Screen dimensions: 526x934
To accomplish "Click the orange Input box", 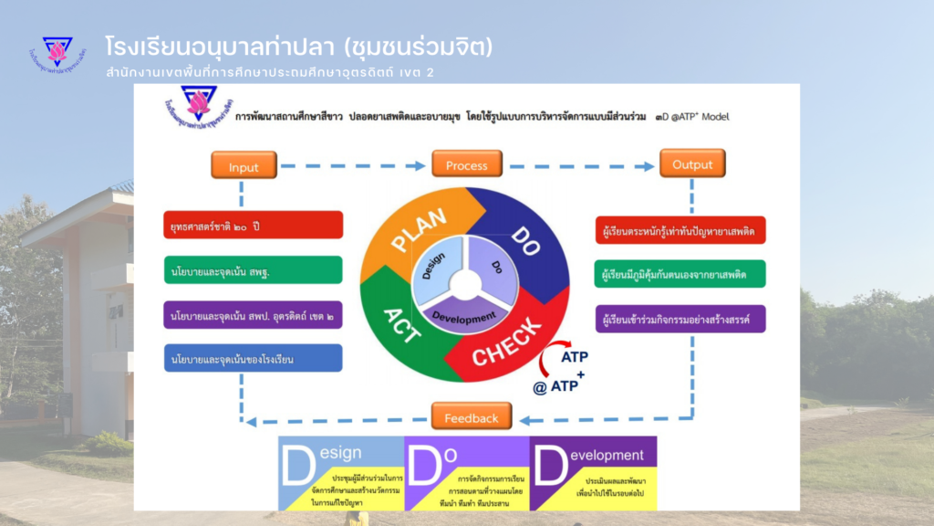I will [x=244, y=165].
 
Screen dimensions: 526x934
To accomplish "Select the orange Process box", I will [x=466, y=165].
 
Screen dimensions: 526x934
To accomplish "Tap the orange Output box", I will [x=692, y=164].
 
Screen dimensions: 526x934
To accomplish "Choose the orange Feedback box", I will [x=472, y=416].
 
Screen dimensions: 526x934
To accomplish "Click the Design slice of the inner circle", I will [x=435, y=268].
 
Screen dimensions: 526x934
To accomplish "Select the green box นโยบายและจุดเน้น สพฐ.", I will [x=253, y=269].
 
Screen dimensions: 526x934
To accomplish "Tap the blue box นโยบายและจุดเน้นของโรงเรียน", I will [x=253, y=358].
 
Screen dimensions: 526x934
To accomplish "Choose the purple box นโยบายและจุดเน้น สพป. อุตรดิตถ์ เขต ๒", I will [x=253, y=315].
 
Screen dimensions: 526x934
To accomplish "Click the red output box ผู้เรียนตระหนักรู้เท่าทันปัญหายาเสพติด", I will [x=679, y=230].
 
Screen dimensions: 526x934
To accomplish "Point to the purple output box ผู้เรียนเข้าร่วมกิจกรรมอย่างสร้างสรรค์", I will [x=679, y=319].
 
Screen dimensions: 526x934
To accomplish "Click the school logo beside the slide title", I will [x=57, y=54].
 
